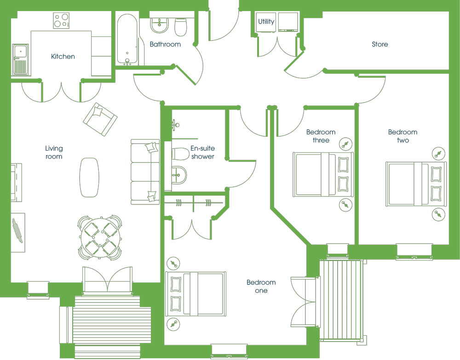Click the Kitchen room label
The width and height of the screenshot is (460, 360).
click(x=63, y=56)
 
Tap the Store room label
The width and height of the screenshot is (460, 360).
click(x=380, y=44)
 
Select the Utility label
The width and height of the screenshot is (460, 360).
click(x=266, y=22)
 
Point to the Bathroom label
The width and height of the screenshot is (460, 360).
click(x=165, y=44)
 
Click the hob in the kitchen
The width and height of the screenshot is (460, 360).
click(x=61, y=21)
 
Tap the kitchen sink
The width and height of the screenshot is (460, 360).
click(x=21, y=59)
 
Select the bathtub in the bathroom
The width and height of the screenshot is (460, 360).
click(x=127, y=39)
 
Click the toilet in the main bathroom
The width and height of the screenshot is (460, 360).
click(x=181, y=27)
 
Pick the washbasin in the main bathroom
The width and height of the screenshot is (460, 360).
click(x=159, y=25)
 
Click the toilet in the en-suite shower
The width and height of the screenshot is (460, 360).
click(x=180, y=154)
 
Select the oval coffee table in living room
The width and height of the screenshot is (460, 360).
click(x=89, y=177)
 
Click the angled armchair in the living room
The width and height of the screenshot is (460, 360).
click(x=100, y=119)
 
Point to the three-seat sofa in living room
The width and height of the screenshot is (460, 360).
click(x=145, y=172)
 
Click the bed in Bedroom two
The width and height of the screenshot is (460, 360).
click(x=416, y=184)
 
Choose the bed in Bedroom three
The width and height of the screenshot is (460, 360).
click(x=323, y=174)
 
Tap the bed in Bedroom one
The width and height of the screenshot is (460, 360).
click(x=195, y=294)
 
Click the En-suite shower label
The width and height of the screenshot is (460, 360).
click(x=203, y=152)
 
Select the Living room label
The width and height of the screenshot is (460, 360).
click(x=54, y=152)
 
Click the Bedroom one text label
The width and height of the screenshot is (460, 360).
click(x=261, y=286)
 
